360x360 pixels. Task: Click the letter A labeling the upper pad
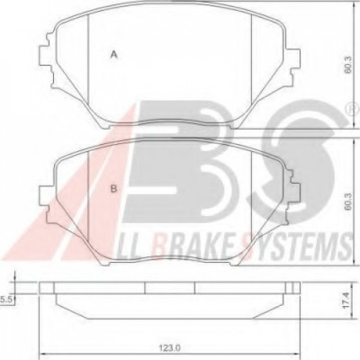(x=113, y=53)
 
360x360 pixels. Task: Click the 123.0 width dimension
(x=168, y=346)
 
